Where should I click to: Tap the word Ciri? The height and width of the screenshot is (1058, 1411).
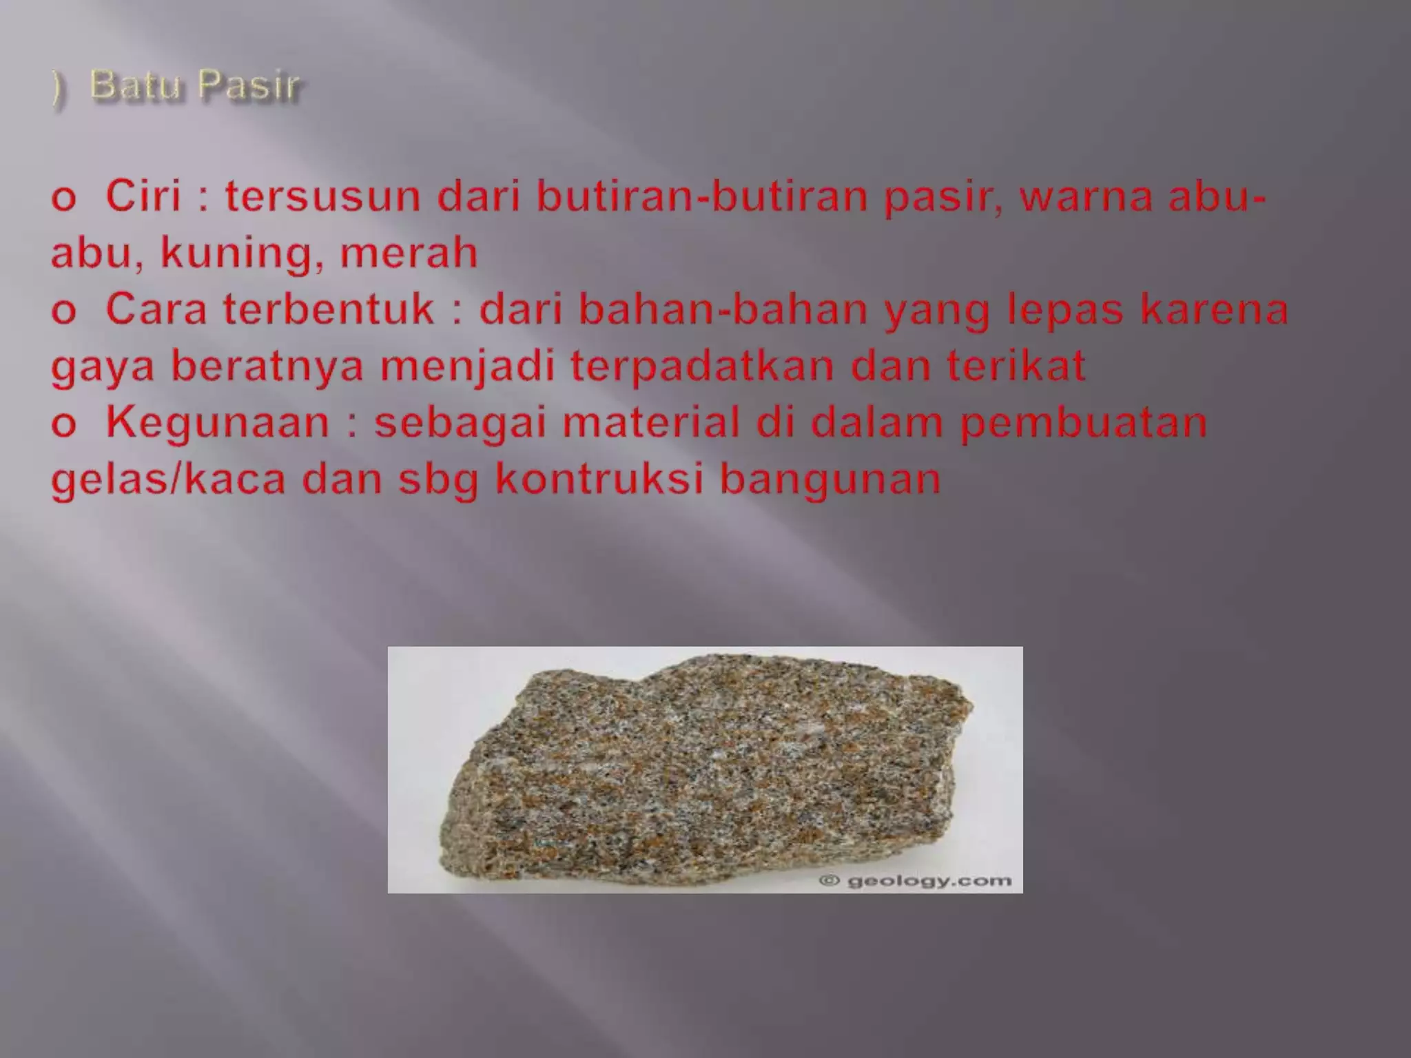click(x=143, y=196)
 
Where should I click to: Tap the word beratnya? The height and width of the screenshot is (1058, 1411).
click(x=267, y=366)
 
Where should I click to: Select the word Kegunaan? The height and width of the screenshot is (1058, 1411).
click(x=218, y=422)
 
